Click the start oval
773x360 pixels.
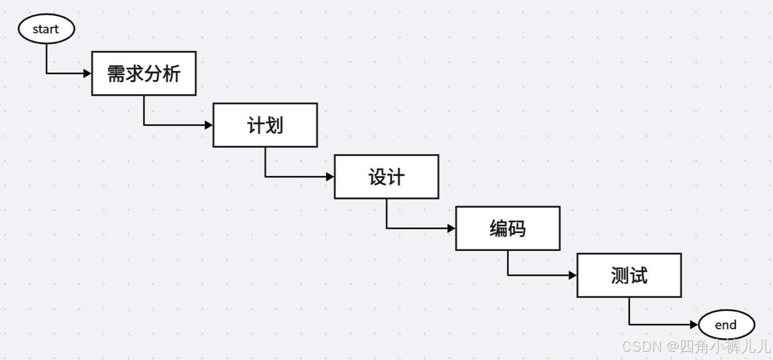[46, 29]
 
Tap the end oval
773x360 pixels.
[726, 325]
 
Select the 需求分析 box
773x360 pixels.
[144, 74]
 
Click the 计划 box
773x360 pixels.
[265, 125]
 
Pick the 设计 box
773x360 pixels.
[386, 177]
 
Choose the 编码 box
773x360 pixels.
[508, 228]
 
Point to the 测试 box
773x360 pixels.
[629, 275]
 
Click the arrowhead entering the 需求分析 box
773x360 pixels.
[88, 74]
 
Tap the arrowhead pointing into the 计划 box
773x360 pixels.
[209, 125]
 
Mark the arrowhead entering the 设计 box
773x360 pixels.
[330, 177]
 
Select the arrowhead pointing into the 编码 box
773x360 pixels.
[452, 228]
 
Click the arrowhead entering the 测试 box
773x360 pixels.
[573, 275]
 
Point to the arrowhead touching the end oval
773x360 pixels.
[694, 325]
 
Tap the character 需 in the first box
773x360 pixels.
[116, 74]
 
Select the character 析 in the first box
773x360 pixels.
[172, 74]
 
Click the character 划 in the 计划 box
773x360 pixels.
[274, 125]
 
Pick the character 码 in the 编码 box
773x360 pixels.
[517, 228]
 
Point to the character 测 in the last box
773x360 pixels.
[620, 276]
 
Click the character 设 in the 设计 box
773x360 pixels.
[377, 177]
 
